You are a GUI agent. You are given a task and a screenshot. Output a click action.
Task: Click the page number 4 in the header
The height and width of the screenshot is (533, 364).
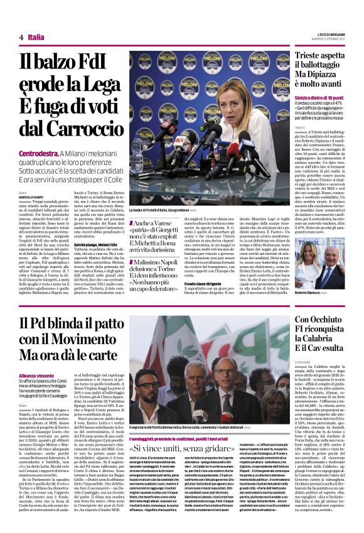coord(21,38)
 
